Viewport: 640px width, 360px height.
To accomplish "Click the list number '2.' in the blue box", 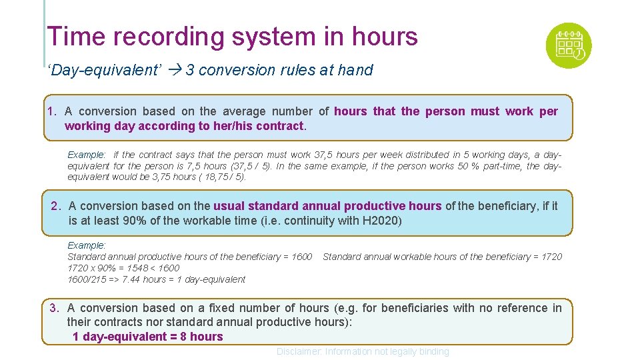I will (x=57, y=206).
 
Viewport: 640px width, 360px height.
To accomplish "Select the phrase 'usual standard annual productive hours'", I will (x=327, y=206).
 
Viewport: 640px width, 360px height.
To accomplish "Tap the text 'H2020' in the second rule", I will (x=382, y=220).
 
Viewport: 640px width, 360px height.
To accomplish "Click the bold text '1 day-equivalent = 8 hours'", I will (x=147, y=337).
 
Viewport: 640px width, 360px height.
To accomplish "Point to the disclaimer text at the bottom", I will (x=363, y=351).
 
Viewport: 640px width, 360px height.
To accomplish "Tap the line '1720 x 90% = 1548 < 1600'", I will (x=123, y=268).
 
